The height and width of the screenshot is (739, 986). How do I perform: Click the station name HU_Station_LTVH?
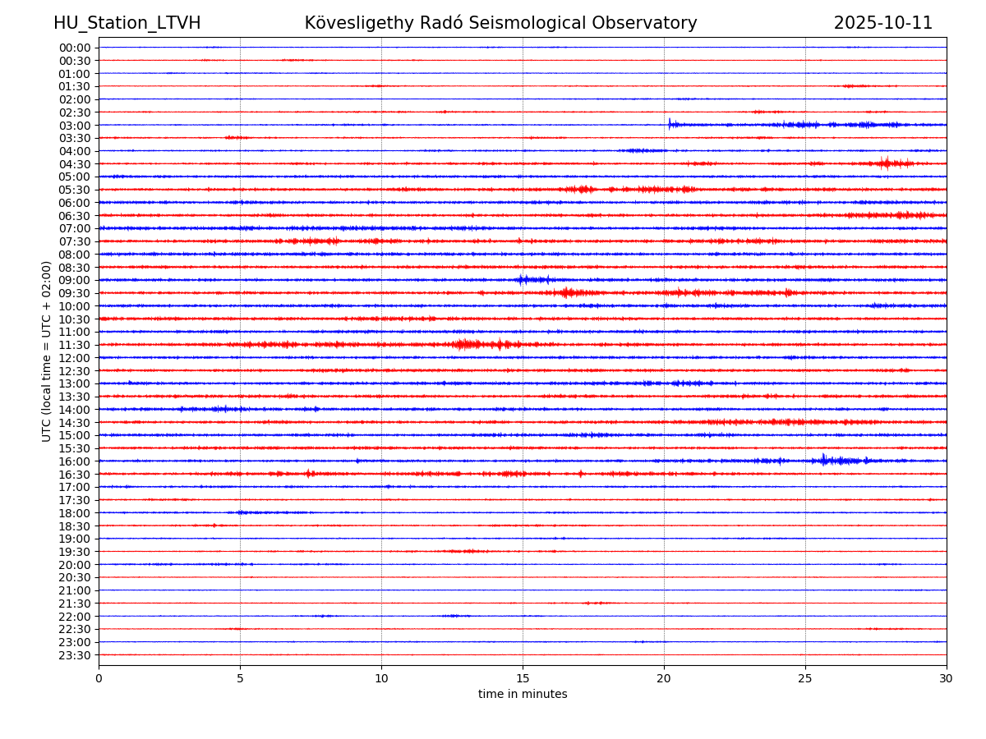(127, 24)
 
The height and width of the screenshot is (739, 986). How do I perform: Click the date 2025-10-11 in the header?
(882, 24)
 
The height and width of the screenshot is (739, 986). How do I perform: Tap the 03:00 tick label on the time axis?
(75, 125)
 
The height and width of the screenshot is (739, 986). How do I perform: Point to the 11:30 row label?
(75, 345)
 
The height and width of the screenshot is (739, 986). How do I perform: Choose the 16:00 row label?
(75, 461)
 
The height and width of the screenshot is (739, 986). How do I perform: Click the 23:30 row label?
(75, 655)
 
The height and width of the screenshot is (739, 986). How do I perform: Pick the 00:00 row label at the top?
(75, 48)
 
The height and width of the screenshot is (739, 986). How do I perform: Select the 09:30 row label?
(75, 293)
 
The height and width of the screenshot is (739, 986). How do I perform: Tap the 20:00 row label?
(75, 565)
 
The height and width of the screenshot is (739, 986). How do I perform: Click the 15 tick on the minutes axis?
(523, 678)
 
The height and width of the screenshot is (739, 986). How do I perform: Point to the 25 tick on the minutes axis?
(805, 678)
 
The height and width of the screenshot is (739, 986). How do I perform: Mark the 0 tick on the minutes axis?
(99, 678)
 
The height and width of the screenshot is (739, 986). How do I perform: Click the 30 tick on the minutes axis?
(947, 678)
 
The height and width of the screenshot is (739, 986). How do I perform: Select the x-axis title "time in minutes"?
(523, 695)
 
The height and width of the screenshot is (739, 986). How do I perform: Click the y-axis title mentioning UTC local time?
(47, 351)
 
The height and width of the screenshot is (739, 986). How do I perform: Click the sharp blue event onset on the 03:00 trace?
(670, 124)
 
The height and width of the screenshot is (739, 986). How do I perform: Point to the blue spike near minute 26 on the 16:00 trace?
(823, 460)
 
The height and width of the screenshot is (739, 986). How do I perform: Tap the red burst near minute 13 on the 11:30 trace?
(466, 344)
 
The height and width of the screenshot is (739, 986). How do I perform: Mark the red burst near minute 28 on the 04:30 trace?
(886, 163)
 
